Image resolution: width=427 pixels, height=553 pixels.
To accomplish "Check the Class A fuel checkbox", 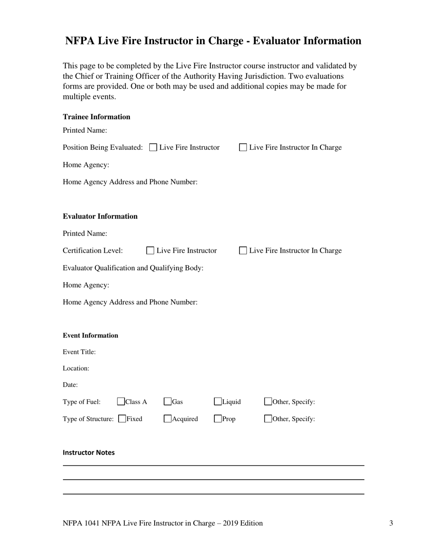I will point(121,401).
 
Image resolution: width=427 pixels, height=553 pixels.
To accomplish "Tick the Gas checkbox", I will point(168,401).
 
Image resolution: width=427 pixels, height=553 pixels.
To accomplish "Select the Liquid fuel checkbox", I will point(218,401).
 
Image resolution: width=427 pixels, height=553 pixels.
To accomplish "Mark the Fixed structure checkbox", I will point(122,419).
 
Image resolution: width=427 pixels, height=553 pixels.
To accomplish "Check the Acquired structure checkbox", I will point(168,419).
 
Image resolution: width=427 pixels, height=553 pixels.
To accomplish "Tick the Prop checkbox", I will point(218,419).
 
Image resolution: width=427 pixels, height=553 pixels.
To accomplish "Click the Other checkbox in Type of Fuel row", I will point(268,401).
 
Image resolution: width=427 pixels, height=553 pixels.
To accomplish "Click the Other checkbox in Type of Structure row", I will point(268,419).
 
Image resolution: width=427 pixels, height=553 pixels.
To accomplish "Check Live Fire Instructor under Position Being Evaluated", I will point(153,147).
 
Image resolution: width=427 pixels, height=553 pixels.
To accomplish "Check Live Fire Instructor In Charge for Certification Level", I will point(243,250).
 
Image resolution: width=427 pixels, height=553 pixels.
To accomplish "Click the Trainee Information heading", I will point(96,117).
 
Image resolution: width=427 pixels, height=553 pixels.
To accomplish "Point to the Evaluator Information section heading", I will point(100,216).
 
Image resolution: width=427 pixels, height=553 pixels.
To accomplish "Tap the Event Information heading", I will point(90,335).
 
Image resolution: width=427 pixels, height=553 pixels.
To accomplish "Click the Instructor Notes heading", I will point(89,453).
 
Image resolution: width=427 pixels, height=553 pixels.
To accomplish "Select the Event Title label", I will point(79,352).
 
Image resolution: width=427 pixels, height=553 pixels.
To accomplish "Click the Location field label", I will point(76,368).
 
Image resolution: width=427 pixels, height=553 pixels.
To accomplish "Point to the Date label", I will point(70,385).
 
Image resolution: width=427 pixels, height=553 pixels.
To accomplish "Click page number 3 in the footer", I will point(391,523).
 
